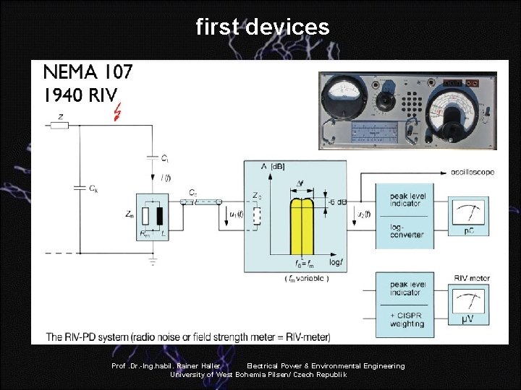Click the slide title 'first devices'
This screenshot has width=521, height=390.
[262, 27]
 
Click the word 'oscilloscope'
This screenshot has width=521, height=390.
[470, 173]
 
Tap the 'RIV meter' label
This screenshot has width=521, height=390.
[472, 277]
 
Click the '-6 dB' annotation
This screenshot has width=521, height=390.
[336, 201]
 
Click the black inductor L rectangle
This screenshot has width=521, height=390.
[159, 216]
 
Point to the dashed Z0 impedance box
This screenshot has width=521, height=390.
[255, 216]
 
